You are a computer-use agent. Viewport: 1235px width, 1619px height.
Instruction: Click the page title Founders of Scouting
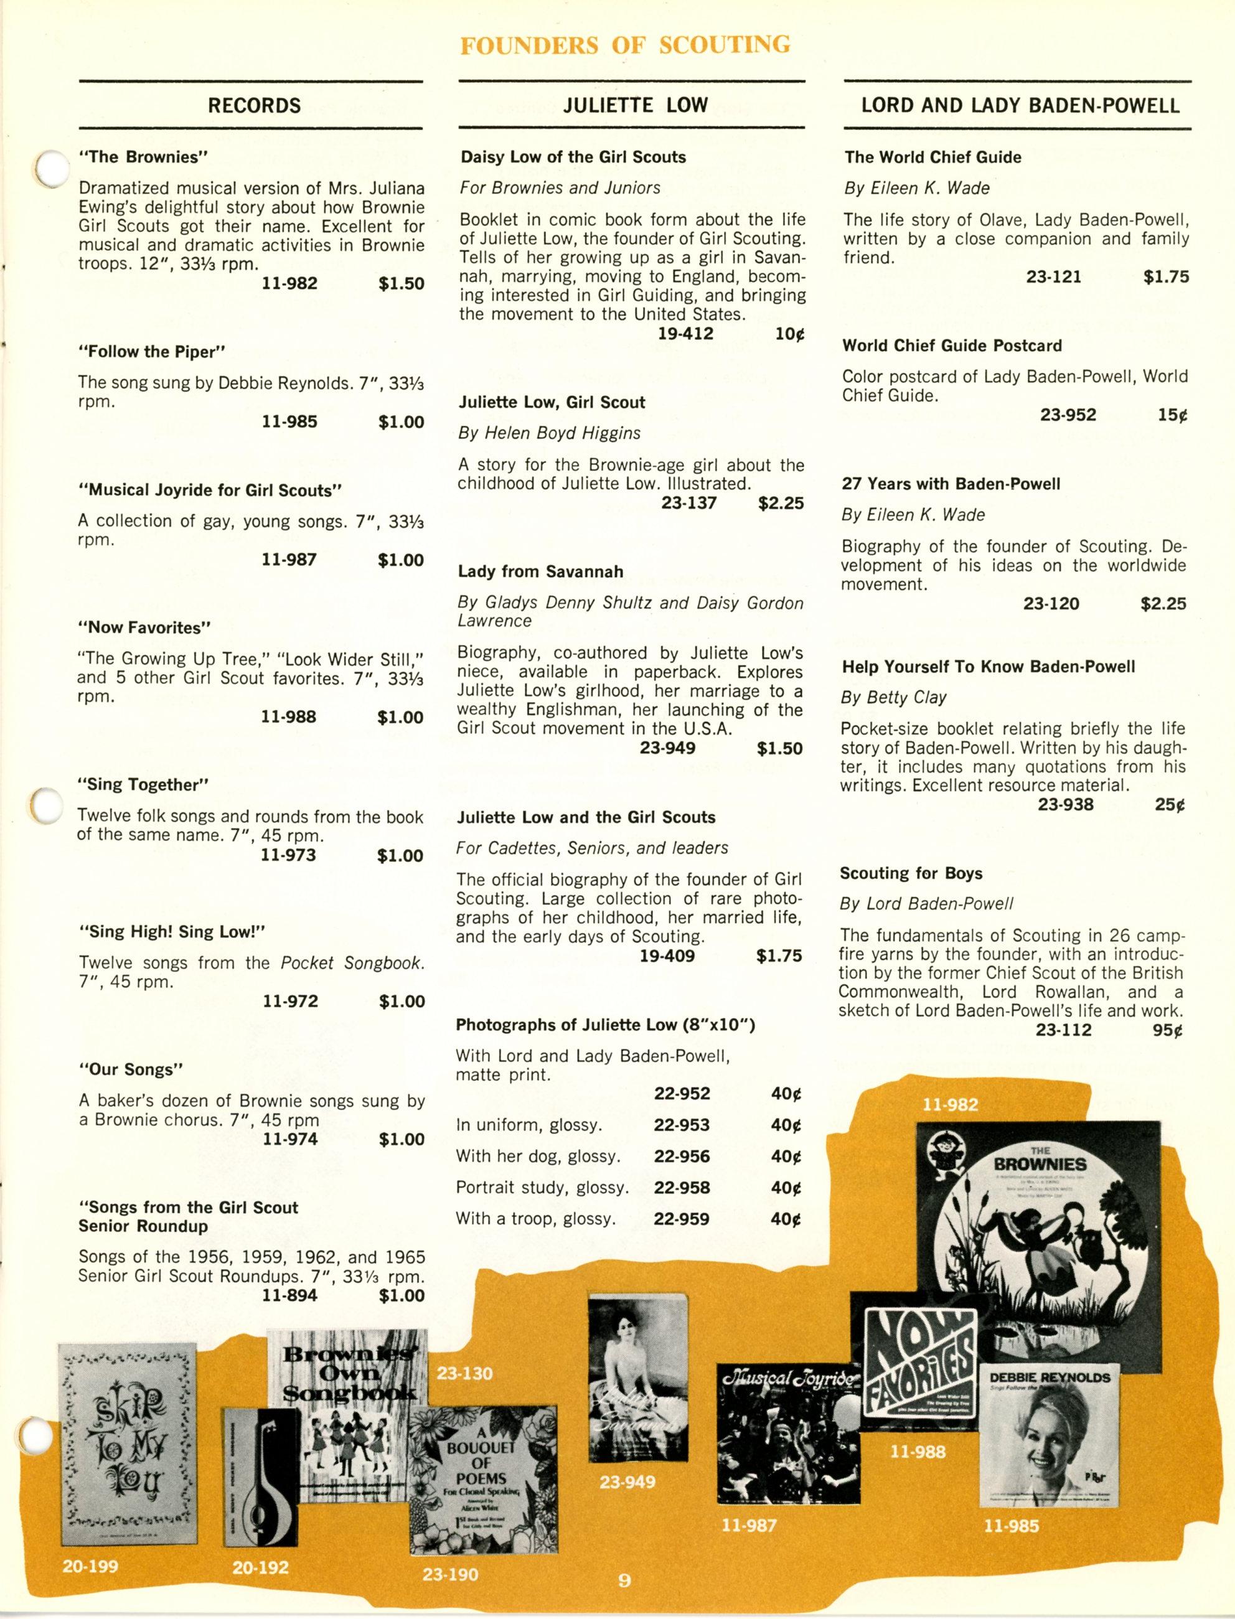[625, 45]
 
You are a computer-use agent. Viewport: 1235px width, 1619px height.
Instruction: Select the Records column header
[255, 106]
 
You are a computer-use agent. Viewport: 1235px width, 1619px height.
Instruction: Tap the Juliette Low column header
[635, 106]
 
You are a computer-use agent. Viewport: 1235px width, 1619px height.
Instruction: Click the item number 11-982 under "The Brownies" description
[289, 284]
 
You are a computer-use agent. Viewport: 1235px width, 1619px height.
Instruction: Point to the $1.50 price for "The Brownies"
[401, 284]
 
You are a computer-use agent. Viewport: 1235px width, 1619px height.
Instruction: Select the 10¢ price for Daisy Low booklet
[789, 334]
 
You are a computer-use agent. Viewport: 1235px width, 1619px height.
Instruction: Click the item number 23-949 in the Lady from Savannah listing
[667, 749]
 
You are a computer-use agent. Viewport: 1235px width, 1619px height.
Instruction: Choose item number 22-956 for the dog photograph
[682, 1156]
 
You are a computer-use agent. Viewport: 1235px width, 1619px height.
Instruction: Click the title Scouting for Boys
[911, 873]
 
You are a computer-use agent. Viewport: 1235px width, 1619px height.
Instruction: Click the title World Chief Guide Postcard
[952, 345]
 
